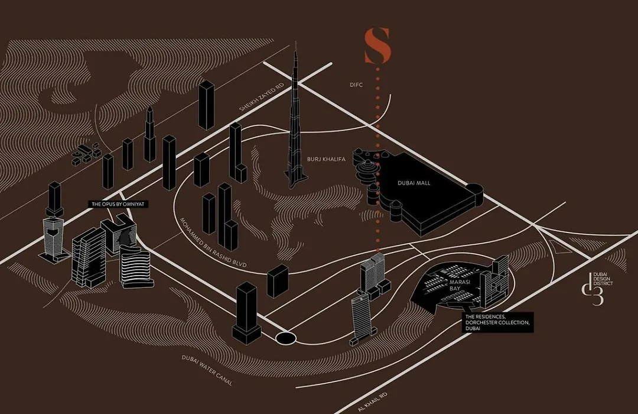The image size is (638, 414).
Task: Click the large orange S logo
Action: coord(377,46)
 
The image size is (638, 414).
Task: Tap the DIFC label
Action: coord(356,85)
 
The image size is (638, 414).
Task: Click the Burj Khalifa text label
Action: coord(326,159)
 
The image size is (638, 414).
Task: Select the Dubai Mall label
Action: coord(414,183)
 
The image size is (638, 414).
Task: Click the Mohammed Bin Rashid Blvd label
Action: coord(213,242)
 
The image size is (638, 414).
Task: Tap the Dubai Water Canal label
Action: coord(207,370)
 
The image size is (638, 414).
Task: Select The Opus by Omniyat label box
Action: coord(118,203)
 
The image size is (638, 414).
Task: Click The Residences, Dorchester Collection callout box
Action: coord(497,322)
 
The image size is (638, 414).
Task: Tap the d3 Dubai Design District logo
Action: coord(597,287)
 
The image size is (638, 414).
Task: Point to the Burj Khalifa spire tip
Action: coord(296,41)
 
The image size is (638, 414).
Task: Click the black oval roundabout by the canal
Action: coord(286,338)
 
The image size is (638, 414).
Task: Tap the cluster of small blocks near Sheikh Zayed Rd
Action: coord(86,154)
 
